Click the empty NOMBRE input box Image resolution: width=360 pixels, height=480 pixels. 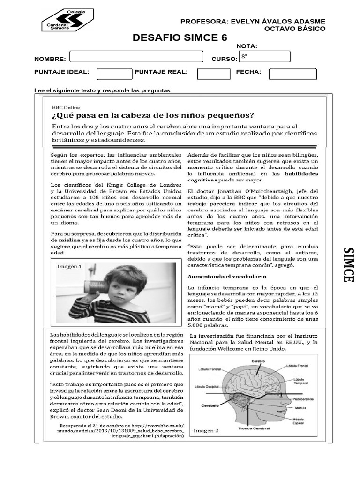[x=136, y=57]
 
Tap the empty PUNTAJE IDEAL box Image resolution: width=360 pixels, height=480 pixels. [x=114, y=74]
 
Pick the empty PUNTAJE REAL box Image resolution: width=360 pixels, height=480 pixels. [x=214, y=74]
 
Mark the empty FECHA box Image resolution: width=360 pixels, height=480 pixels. [x=292, y=74]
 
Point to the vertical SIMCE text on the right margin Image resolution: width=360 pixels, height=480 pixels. [x=348, y=265]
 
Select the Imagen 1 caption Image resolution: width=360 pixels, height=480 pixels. [x=69, y=267]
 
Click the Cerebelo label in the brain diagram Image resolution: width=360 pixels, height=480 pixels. [x=211, y=405]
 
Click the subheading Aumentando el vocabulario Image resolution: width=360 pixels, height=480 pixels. [x=227, y=277]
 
